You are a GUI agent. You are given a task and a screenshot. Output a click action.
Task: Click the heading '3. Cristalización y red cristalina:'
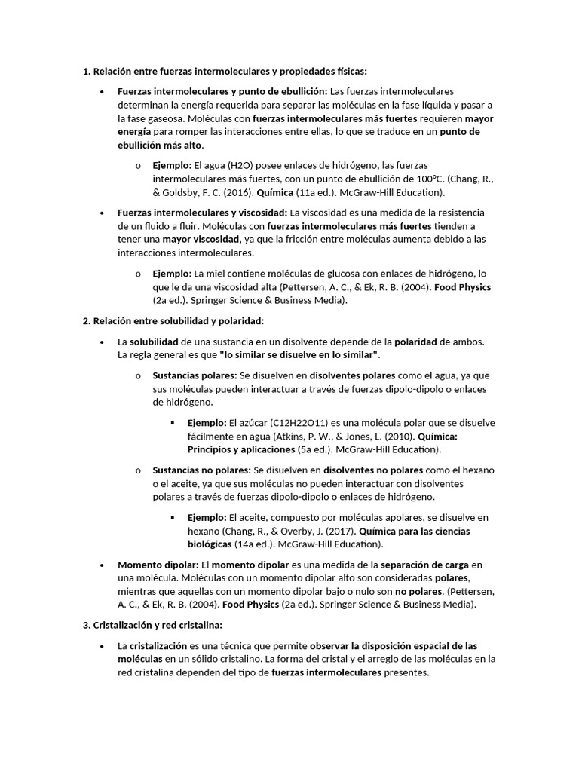tap(152, 625)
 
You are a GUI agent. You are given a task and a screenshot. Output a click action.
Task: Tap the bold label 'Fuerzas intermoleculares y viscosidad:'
tap(202, 213)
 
